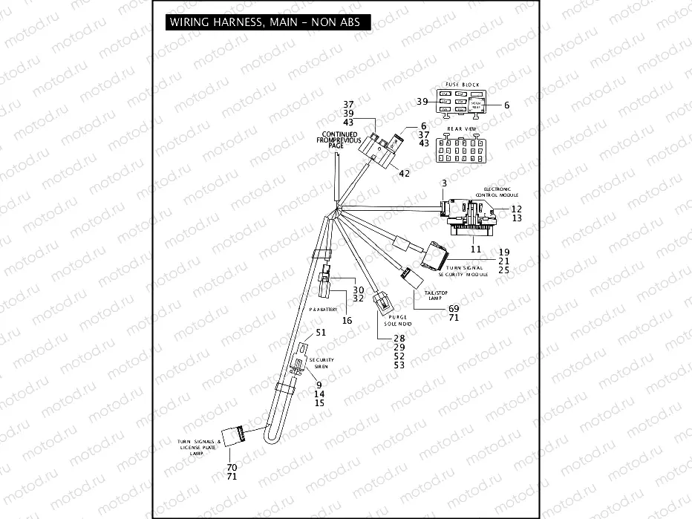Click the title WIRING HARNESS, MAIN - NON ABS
click(x=264, y=22)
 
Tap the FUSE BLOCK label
click(x=462, y=85)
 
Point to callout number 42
click(x=404, y=173)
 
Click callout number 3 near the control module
click(x=443, y=182)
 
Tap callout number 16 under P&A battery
click(x=347, y=320)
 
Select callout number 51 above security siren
click(x=321, y=332)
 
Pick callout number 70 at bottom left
click(x=232, y=467)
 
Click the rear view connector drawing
click(x=461, y=149)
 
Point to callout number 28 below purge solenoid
click(x=399, y=338)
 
